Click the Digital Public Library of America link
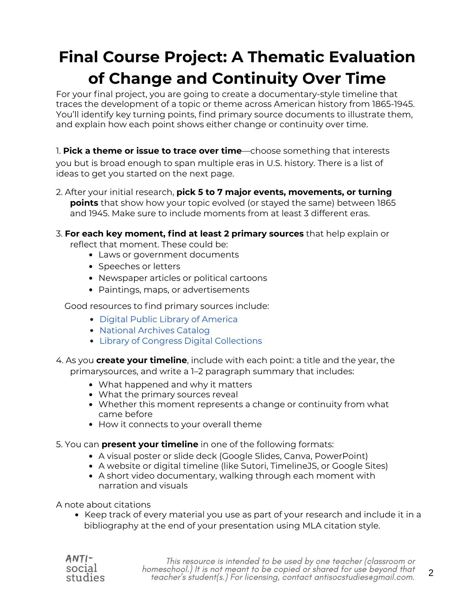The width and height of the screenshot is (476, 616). pyautogui.click(x=168, y=319)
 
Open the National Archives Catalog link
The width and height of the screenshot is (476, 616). pyautogui.click(x=154, y=330)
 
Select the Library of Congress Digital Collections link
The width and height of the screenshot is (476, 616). pyautogui.click(x=181, y=341)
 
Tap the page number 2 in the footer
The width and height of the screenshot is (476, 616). pyautogui.click(x=431, y=573)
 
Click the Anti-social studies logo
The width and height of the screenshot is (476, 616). pyautogui.click(x=85, y=568)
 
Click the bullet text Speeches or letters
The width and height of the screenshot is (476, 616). pyautogui.click(x=139, y=266)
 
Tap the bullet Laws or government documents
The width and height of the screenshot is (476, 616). pyautogui.click(x=169, y=254)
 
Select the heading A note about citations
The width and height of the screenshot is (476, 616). pyautogui.click(x=103, y=505)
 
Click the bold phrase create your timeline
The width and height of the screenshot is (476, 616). pyautogui.click(x=141, y=360)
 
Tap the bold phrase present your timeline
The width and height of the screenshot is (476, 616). pyautogui.click(x=150, y=444)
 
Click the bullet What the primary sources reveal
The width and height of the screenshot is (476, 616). pyautogui.click(x=168, y=394)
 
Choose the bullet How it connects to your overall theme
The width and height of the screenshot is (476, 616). pyautogui.click(x=180, y=424)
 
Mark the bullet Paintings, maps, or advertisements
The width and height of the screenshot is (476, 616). pyautogui.click(x=174, y=290)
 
